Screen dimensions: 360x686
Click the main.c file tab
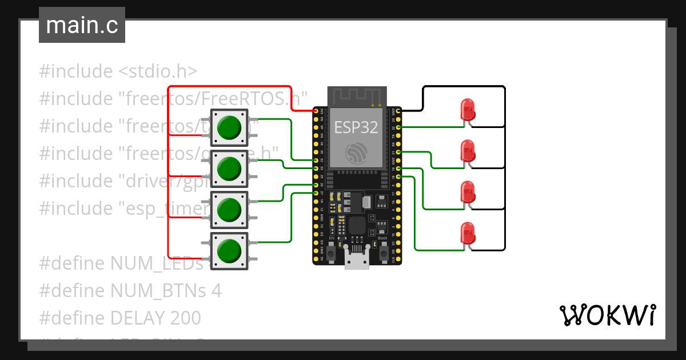coord(82,26)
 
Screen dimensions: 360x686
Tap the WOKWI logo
coord(607,315)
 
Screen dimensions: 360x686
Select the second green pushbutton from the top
coord(229,168)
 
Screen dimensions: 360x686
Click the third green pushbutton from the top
coord(229,209)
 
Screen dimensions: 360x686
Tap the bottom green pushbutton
coord(229,250)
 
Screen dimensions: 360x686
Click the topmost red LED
coord(468,109)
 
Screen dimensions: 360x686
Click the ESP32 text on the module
coord(356,127)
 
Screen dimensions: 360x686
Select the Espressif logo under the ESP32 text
coord(356,151)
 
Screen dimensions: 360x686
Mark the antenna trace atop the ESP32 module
coord(356,95)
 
